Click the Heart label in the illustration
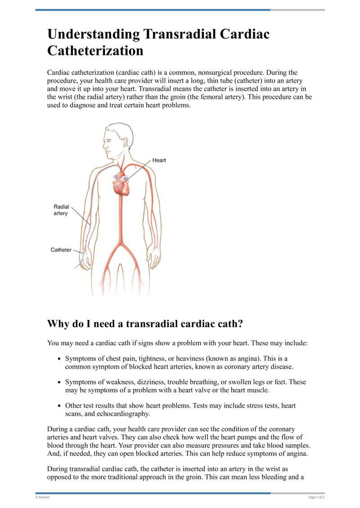point(159,160)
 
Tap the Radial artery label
point(61,210)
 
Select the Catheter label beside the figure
point(61,250)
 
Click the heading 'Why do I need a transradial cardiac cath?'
point(145,324)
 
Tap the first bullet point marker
point(60,359)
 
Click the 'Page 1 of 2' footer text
point(316,497)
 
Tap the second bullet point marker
point(60,382)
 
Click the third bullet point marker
point(60,406)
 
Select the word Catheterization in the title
point(95,51)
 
